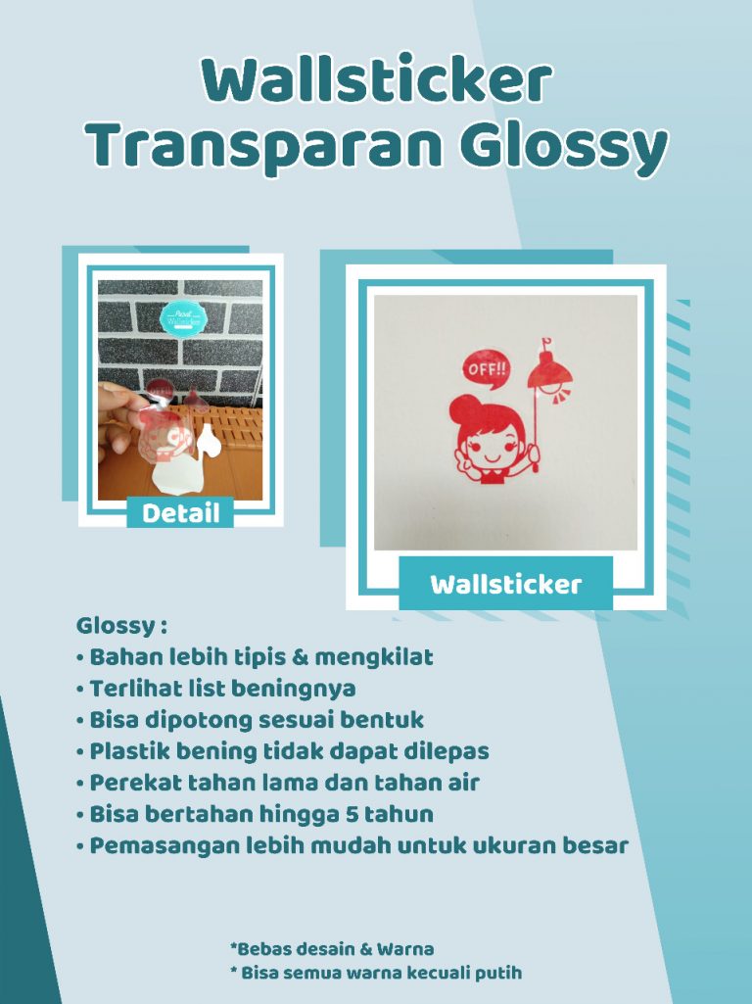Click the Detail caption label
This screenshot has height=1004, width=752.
click(180, 513)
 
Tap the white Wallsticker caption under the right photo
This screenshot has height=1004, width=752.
click(505, 584)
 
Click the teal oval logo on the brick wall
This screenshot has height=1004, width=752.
click(183, 319)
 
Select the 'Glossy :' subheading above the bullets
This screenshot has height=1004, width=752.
click(121, 626)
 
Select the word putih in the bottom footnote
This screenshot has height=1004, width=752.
click(501, 974)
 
